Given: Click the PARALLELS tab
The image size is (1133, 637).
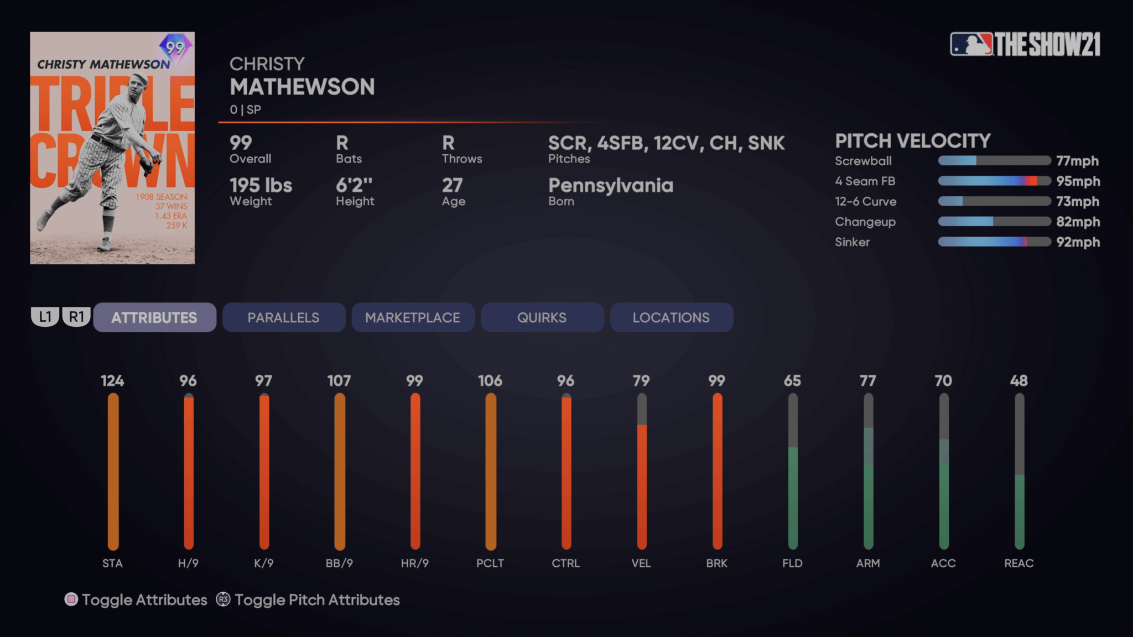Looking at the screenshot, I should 283,317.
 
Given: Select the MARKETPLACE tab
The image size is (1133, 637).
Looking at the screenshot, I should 413,317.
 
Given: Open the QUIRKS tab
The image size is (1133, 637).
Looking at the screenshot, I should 542,317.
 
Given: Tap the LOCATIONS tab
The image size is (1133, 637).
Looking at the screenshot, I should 671,317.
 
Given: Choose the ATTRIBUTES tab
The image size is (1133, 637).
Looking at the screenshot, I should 154,317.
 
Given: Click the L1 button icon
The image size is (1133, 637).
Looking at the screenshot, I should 45,317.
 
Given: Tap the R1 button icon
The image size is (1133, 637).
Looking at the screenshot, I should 76,317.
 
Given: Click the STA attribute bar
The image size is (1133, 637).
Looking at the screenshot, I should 113,471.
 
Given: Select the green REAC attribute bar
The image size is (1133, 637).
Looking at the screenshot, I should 1019,511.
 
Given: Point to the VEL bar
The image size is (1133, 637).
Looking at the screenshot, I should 642,471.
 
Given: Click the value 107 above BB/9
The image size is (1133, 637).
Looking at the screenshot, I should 339,381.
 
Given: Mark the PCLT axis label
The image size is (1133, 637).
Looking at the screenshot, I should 490,563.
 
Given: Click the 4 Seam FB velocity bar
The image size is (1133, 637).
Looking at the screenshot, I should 994,181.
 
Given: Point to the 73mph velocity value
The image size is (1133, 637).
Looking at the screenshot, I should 1077,201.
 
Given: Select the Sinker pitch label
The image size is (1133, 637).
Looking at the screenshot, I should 852,242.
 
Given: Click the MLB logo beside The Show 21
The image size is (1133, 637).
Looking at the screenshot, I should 971,44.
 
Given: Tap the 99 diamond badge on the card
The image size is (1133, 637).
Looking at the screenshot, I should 175,48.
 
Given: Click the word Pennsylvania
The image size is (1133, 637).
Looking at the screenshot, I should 611,185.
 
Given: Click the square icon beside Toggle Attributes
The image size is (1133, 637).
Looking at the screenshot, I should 71,599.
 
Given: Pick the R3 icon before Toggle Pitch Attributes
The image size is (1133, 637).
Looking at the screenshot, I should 223,599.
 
